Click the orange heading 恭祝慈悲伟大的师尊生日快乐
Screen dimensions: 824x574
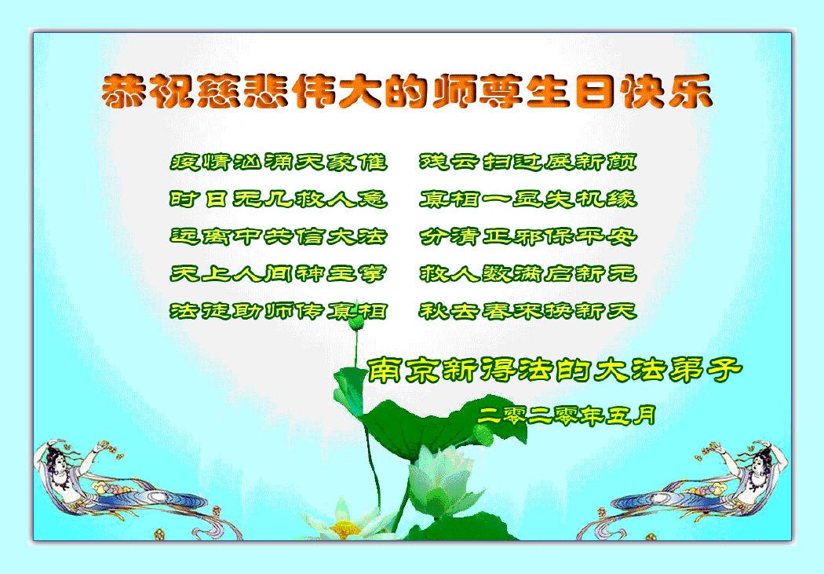[x=407, y=92]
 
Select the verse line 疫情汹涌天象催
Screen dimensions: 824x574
[x=279, y=162]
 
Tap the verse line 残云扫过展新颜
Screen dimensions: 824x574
[x=528, y=162]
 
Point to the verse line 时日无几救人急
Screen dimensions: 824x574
[x=279, y=199]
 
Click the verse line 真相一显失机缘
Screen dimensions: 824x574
[x=528, y=199]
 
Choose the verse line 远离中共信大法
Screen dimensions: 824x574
[x=279, y=236]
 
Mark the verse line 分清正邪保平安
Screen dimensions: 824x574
[x=528, y=236]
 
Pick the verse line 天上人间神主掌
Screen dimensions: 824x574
[x=279, y=274]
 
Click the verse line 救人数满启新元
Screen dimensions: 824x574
[x=528, y=274]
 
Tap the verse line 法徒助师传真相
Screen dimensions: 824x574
[x=279, y=311]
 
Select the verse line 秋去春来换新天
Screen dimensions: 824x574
[x=528, y=311]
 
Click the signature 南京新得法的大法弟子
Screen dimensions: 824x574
[x=554, y=370]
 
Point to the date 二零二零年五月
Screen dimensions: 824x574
[x=567, y=416]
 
